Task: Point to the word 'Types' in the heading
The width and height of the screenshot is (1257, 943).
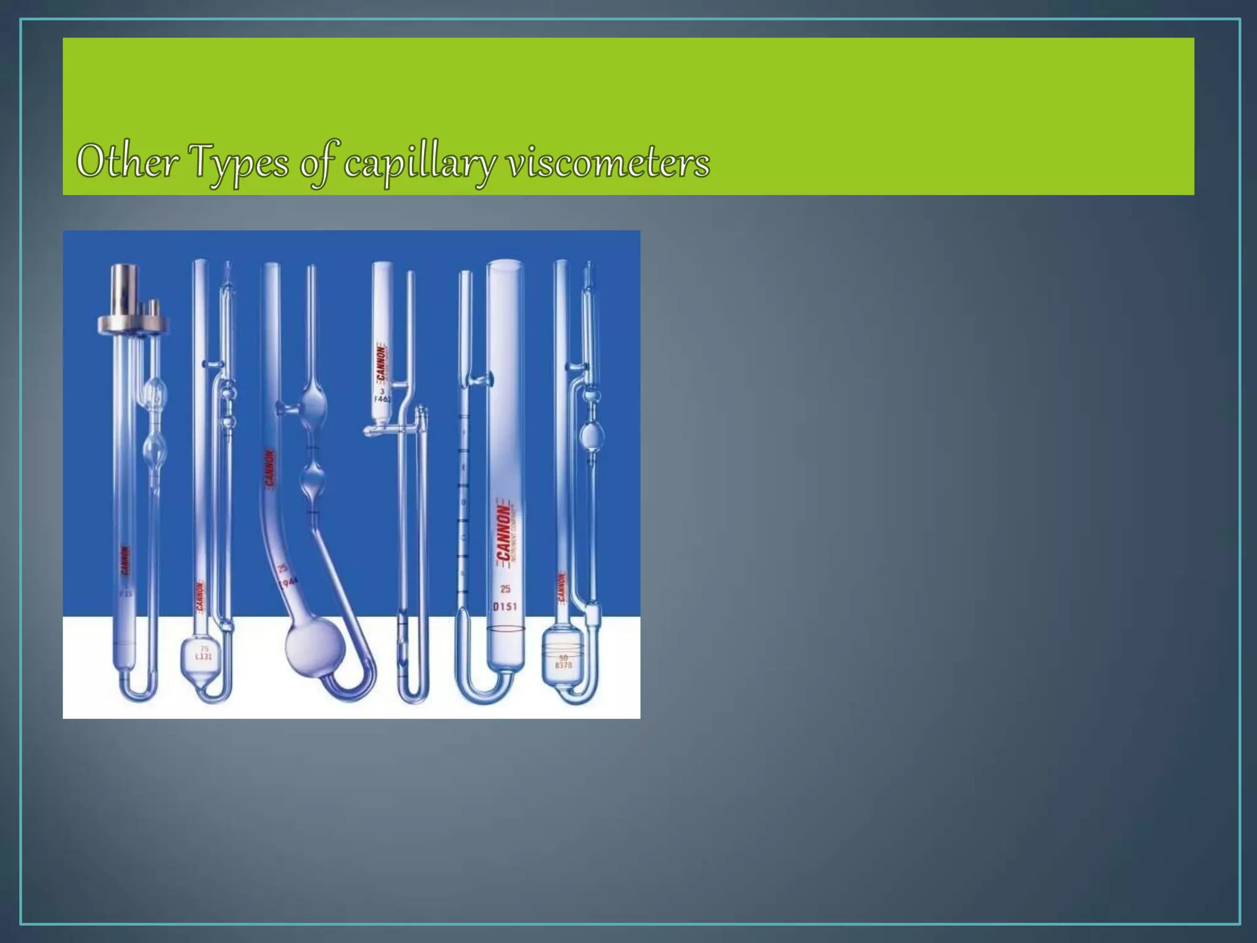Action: [x=239, y=163]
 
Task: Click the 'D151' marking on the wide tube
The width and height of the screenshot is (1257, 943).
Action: [x=505, y=607]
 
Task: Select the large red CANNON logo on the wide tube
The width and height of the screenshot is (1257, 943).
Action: [x=504, y=532]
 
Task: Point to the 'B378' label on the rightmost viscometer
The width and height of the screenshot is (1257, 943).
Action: [x=563, y=662]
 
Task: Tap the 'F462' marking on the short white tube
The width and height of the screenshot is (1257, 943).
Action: [x=383, y=398]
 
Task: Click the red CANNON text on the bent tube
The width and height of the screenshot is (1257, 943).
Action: [x=269, y=469]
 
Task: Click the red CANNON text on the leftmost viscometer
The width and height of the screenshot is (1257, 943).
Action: [x=125, y=560]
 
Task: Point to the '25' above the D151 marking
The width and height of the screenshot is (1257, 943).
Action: [x=505, y=589]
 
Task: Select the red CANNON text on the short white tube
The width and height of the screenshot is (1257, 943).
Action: [x=381, y=363]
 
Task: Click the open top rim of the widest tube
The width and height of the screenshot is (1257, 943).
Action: [x=506, y=264]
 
